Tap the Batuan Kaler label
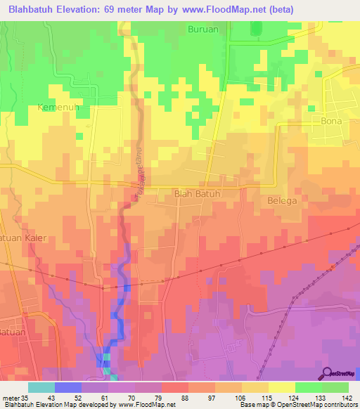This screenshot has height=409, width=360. pyautogui.click(x=22, y=238)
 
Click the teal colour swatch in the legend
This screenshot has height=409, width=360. pyautogui.click(x=41, y=387)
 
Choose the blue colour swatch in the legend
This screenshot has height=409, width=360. pyautogui.click(x=67, y=387)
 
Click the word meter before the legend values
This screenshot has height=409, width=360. pyautogui.click(x=12, y=397)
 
